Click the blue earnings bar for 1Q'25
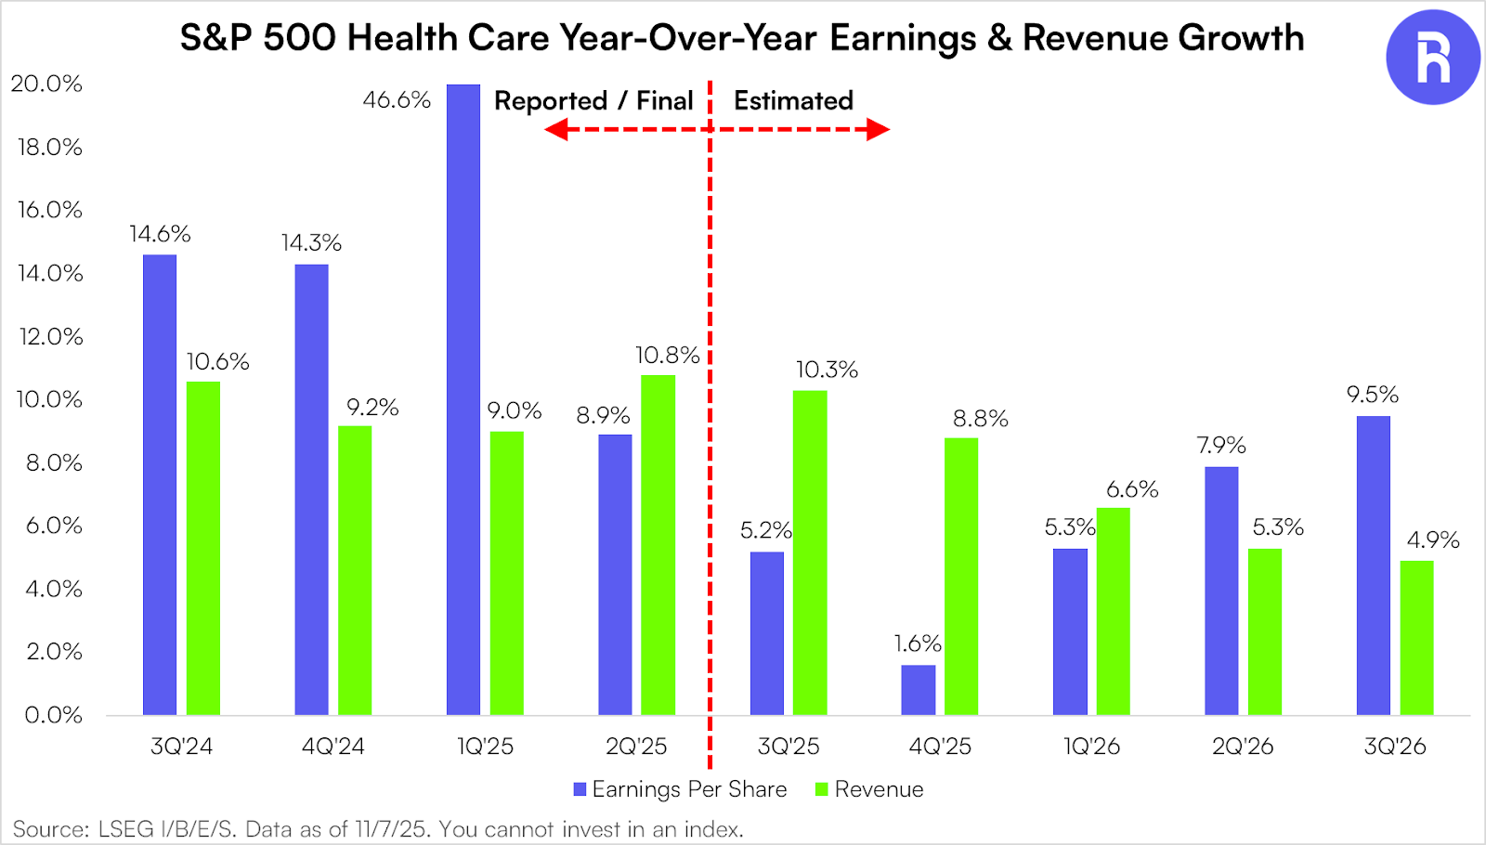pos(463,399)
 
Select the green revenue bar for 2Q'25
pos(658,545)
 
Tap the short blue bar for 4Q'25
pos(919,690)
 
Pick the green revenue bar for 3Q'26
pos(1416,638)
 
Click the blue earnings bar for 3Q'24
pos(160,485)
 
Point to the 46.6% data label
pos(397,100)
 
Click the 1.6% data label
pos(918,643)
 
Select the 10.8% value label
pos(667,356)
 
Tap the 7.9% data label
pos(1221,446)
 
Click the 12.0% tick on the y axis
pos(50,336)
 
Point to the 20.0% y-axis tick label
pos(46,84)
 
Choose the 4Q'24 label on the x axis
pos(332,747)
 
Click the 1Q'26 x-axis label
pos(1091,747)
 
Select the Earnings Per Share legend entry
pos(681,789)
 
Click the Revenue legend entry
pos(870,789)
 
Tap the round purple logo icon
pos(1432,58)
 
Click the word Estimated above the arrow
pos(793,100)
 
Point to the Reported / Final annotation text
pos(593,100)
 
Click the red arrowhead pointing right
pos(878,129)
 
